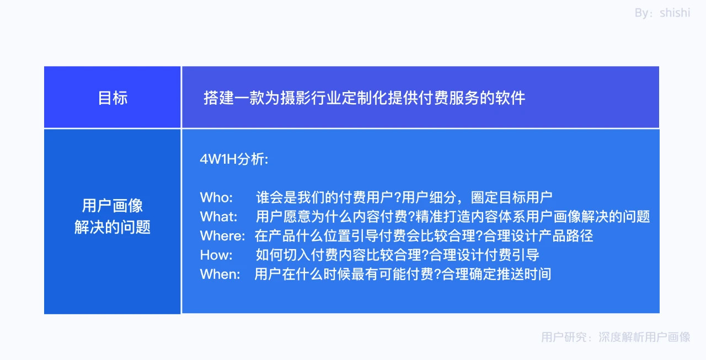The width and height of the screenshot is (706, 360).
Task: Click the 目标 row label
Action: [x=113, y=98]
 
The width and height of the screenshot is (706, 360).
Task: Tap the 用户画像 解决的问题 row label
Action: [x=113, y=216]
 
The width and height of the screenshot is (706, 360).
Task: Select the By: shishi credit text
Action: [x=662, y=13]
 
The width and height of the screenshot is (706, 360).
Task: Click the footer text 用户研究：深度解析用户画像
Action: [x=616, y=337]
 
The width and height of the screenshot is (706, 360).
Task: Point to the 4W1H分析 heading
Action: [x=234, y=159]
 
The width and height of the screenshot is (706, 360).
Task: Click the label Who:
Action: [x=217, y=197]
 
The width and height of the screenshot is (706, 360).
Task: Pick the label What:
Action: [x=219, y=217]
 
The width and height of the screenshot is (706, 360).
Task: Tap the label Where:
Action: [x=222, y=236]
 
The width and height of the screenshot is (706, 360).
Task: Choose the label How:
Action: [x=216, y=255]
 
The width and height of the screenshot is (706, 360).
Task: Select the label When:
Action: [x=220, y=275]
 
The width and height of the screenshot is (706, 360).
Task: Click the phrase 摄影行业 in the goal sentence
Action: [x=311, y=98]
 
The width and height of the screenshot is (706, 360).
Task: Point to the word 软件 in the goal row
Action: [x=510, y=98]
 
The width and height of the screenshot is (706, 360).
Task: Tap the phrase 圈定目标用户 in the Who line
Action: [x=511, y=197]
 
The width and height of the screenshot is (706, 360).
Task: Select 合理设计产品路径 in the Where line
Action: [x=538, y=236]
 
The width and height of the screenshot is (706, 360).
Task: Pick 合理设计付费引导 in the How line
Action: [x=484, y=255]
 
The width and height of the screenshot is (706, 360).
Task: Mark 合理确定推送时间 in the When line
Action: [x=497, y=275]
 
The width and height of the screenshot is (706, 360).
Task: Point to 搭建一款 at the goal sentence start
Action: [x=234, y=98]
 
